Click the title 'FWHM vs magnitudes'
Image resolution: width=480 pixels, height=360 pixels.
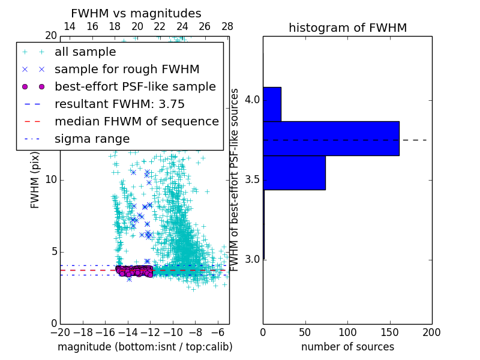[x=136, y=13]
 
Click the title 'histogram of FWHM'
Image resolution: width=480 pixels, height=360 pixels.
[x=347, y=28]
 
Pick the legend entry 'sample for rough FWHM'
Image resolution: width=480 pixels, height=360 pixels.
[x=127, y=69]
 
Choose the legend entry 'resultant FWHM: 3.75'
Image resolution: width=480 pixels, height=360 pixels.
[x=119, y=104]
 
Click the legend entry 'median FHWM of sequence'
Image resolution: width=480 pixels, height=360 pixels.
[x=136, y=121]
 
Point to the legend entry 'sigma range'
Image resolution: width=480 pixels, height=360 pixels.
[x=92, y=139]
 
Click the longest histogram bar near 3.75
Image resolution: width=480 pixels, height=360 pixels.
[x=331, y=139]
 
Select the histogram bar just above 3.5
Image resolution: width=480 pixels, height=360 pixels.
[x=294, y=173]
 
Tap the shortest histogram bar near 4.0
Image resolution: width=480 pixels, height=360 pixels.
[x=272, y=104]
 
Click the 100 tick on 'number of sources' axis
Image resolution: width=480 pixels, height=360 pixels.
[x=347, y=332]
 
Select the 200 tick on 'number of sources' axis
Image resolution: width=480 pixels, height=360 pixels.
[x=431, y=332]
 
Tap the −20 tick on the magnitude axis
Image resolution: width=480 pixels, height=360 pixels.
[x=59, y=332]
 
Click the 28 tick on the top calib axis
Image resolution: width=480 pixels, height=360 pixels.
[x=227, y=26]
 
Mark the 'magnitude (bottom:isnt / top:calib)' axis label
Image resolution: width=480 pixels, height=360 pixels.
[x=145, y=347]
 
